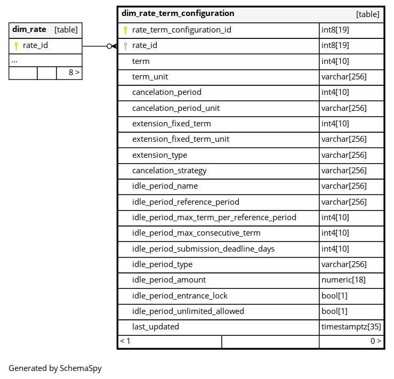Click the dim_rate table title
[x=29, y=30]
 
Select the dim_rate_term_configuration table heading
[x=178, y=14]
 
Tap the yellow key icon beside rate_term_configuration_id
[x=125, y=30]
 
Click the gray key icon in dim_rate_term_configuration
[x=125, y=46]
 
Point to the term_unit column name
[x=150, y=77]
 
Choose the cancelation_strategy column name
[x=169, y=171]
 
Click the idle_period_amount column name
[x=168, y=280]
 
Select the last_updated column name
[x=155, y=327]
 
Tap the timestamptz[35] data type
[x=351, y=327]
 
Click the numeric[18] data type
[x=343, y=280]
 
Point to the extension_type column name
[x=159, y=155]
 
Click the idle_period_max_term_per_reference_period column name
[x=214, y=217]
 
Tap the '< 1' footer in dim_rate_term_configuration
[x=125, y=341]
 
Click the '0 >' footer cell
[x=375, y=341]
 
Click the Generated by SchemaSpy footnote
[x=55, y=368]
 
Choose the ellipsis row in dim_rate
[x=14, y=60]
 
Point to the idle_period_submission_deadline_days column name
[x=203, y=249]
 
